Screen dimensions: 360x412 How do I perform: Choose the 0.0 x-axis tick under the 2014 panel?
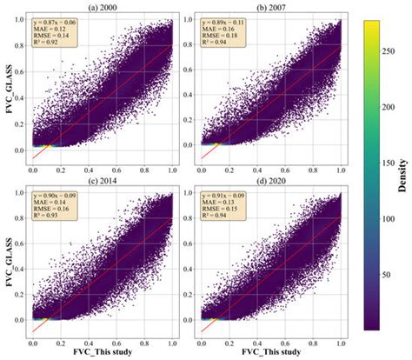[33, 341]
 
